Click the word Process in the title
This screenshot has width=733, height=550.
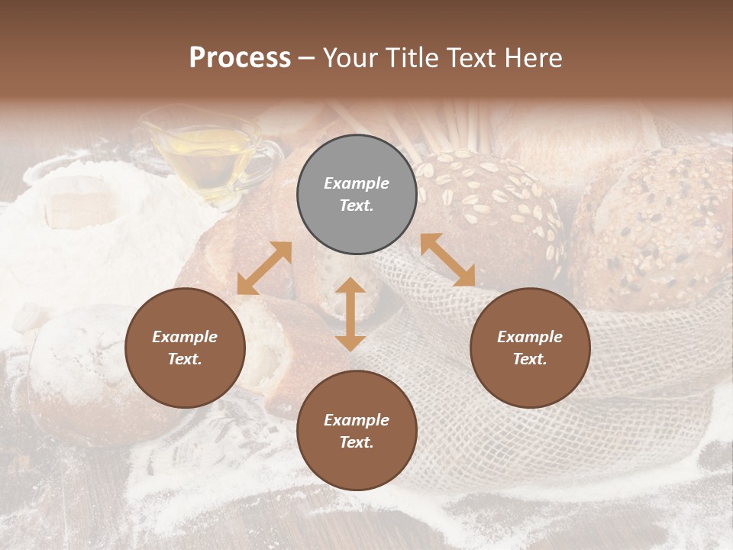click(x=240, y=58)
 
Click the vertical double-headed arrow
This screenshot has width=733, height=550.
click(x=350, y=314)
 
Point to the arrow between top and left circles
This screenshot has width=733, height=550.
click(x=264, y=268)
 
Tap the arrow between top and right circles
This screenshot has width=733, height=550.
click(x=447, y=260)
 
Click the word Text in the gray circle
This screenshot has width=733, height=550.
click(x=357, y=206)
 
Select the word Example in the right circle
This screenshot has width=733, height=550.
click(x=530, y=337)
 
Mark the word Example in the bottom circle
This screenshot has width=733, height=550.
click(x=357, y=420)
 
